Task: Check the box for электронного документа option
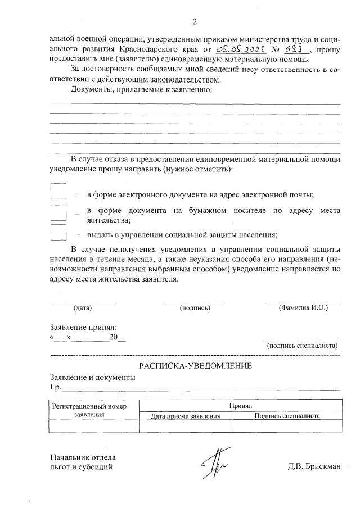58,192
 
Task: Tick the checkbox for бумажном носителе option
58,213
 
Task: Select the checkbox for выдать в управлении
58,233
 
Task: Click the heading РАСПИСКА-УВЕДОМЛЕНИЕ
195,366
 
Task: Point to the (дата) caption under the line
82,308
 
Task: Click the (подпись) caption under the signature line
195,308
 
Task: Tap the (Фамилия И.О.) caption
303,308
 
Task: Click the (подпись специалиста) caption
301,346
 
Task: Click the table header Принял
241,405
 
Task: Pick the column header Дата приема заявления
185,416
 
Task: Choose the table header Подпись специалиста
287,416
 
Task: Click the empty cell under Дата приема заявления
185,427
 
